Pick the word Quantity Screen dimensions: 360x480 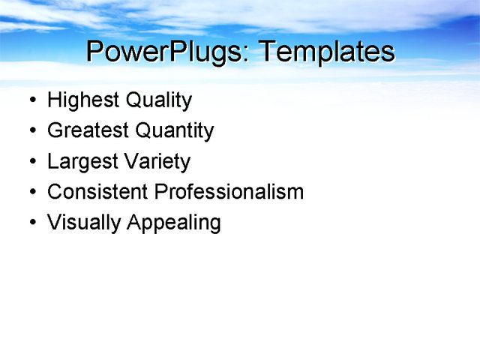pyautogui.click(x=174, y=131)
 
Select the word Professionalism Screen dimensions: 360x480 pyautogui.click(x=229, y=192)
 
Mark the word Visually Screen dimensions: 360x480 pyautogui.click(x=84, y=223)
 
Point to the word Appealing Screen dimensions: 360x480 pyautogui.click(x=174, y=223)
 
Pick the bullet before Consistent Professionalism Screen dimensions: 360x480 pyautogui.click(x=31, y=193)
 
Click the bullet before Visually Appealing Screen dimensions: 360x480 pyautogui.click(x=31, y=223)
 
